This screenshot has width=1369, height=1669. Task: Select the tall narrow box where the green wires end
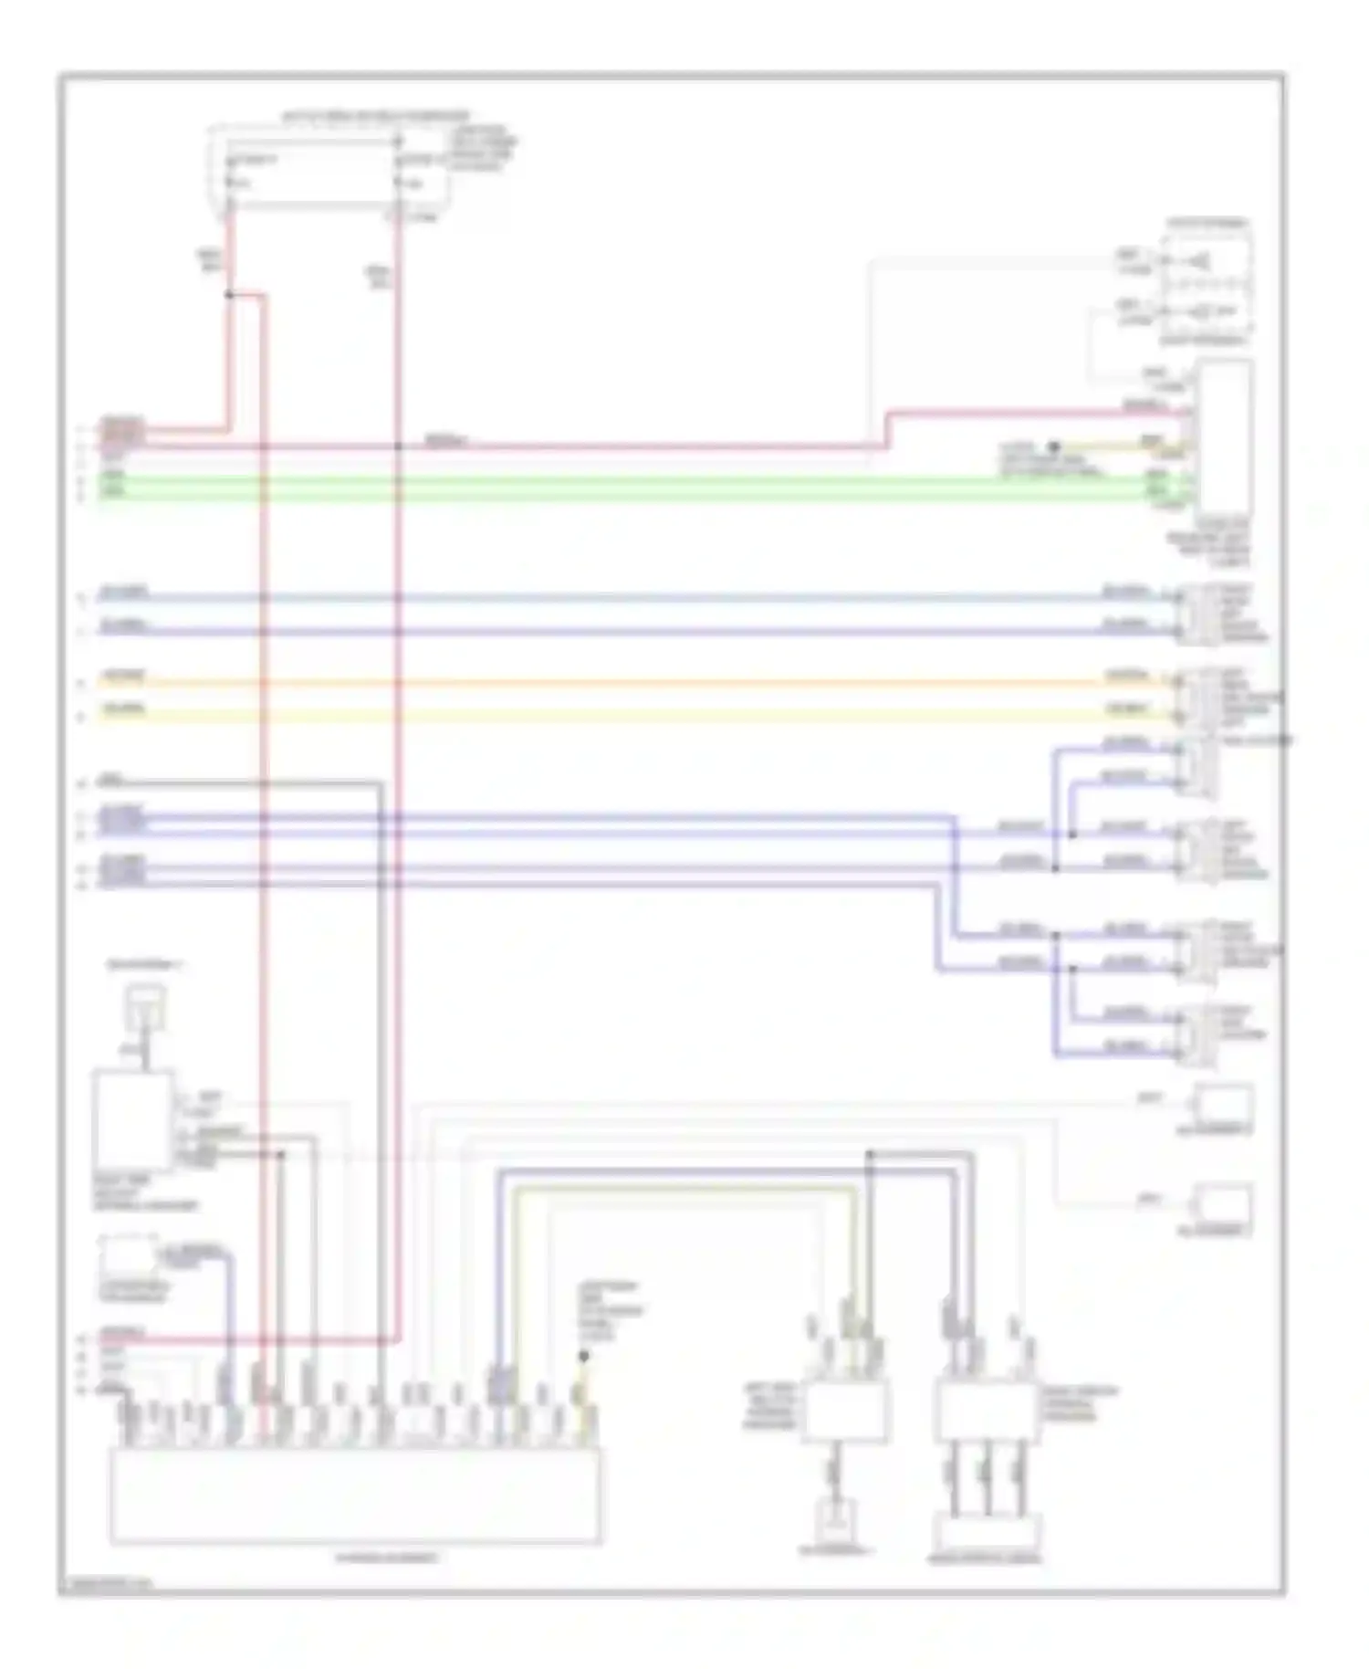[x=1224, y=438]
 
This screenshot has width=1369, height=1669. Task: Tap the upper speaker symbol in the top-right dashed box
[x=1200, y=263]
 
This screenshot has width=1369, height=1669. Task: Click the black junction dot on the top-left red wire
[x=229, y=294]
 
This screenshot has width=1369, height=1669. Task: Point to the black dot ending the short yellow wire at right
[x=1053, y=446]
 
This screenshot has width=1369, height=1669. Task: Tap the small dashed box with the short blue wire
[x=129, y=1257]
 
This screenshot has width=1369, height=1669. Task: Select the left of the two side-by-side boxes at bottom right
[x=844, y=1411]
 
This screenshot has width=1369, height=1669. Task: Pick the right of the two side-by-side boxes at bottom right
[x=986, y=1411]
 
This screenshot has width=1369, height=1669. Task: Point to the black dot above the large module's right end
[x=583, y=1357]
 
